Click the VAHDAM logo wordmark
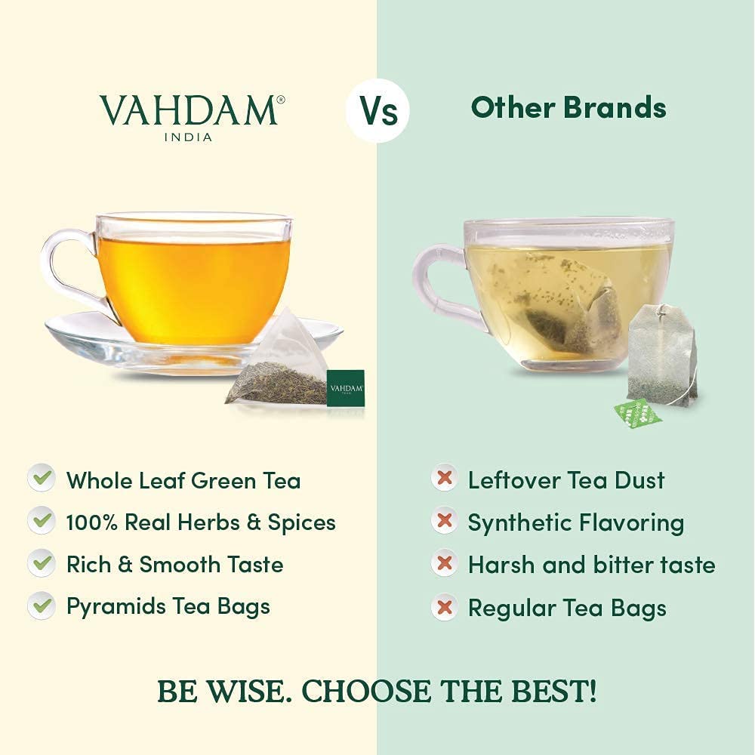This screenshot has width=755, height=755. tap(188, 110)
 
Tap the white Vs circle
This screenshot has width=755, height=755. tap(377, 111)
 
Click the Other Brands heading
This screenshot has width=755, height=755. tap(568, 108)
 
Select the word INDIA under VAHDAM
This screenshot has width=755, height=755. tap(188, 137)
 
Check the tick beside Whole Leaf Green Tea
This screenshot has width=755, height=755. tap(42, 479)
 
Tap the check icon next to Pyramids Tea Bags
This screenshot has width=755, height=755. tap(42, 606)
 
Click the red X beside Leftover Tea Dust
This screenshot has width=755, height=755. tap(445, 479)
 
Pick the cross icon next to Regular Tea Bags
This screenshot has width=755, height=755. tap(445, 607)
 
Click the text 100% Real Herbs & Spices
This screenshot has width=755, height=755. tap(201, 522)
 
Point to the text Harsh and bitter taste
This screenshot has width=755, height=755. tap(591, 565)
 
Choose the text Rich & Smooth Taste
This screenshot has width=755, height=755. tap(174, 565)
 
